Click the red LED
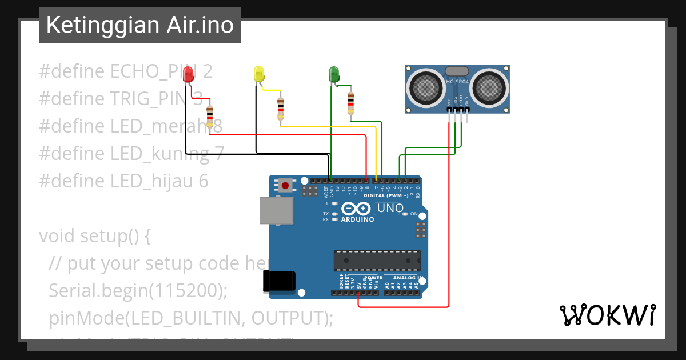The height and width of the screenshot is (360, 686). point(188,74)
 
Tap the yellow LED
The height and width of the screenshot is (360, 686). point(258,74)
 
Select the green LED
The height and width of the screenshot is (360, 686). point(333,74)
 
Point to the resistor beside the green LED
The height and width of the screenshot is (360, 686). point(350,103)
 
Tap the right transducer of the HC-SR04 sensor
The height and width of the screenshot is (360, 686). point(490,88)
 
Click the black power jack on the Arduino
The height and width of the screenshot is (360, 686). point(279,281)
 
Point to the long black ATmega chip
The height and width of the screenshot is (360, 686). point(377,260)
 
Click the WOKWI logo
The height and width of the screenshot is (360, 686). point(607,315)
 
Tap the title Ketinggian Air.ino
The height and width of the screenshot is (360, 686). point(140,25)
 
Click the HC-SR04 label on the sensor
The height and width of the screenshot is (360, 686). point(457,82)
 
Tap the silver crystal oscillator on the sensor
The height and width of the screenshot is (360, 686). point(456,71)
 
